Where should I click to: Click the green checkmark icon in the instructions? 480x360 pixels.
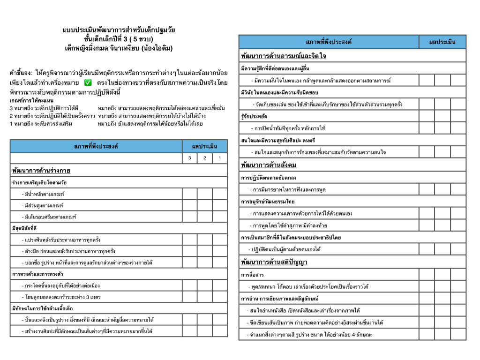(x=88, y=83)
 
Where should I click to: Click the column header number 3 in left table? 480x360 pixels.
(x=190, y=158)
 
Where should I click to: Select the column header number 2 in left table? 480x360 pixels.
(x=205, y=158)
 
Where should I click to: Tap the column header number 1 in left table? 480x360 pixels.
(x=220, y=158)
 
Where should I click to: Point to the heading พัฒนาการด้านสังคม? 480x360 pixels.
(x=269, y=165)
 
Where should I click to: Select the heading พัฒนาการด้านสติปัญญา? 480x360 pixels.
(x=274, y=262)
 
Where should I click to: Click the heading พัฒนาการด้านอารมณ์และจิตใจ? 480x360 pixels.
(x=284, y=56)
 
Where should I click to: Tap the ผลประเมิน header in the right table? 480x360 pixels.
(x=442, y=42)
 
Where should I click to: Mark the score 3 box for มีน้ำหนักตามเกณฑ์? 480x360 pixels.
(x=190, y=194)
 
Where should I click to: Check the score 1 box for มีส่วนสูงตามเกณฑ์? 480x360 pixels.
(x=220, y=205)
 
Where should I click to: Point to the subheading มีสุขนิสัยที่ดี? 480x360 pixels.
(x=24, y=228)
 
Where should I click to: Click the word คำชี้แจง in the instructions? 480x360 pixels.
(x=20, y=74)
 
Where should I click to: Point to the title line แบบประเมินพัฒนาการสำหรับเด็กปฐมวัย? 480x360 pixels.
(x=119, y=30)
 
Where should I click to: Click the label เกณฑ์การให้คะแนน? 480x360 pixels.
(x=31, y=101)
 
